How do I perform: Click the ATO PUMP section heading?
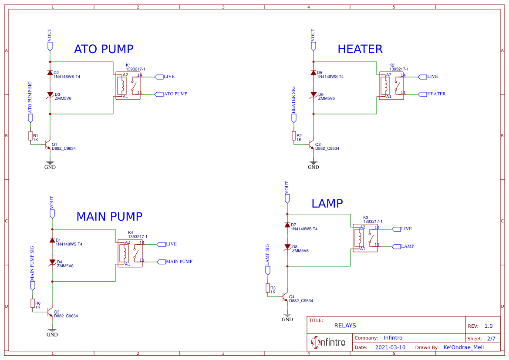[x=104, y=49]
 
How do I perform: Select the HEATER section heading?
[x=360, y=49]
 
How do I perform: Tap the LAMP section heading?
[x=327, y=203]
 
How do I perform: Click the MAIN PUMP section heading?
[x=109, y=216]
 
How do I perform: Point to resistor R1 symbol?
[x=30, y=136]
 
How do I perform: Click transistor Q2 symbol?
[x=311, y=145]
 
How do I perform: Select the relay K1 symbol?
[x=128, y=86]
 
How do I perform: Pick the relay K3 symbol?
[x=365, y=238]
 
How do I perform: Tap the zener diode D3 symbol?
[x=50, y=94]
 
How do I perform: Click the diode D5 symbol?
[x=313, y=73]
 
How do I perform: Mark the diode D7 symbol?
[x=287, y=225]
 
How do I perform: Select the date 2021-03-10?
[x=390, y=347]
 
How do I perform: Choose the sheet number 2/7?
[x=491, y=338]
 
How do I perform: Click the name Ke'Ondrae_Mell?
[x=463, y=347]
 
